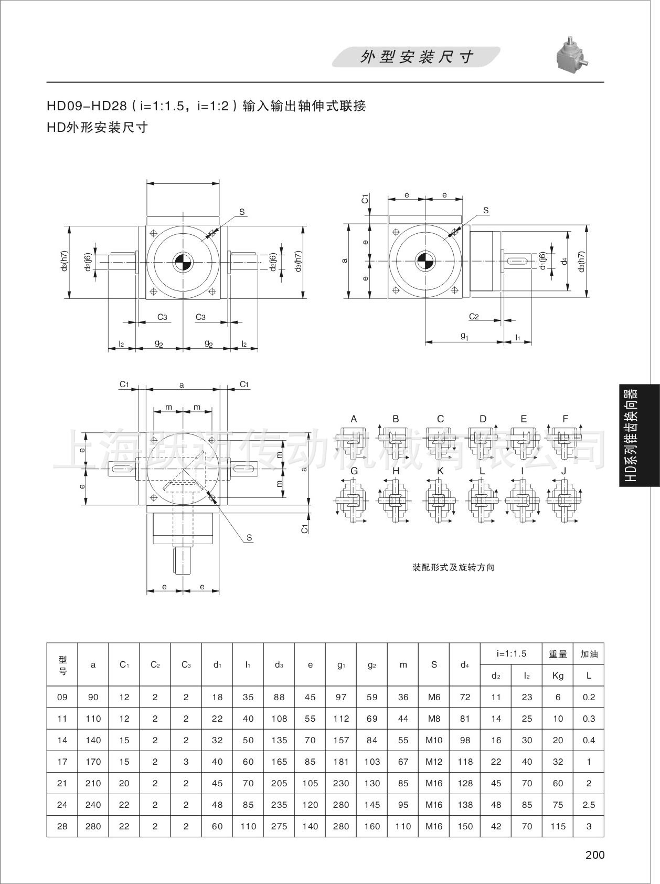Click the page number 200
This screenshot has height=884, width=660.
coord(594,855)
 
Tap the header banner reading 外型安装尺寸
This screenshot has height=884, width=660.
coord(416,57)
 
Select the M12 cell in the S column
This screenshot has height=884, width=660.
coord(434,762)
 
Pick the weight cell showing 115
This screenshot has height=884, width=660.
coord(558,826)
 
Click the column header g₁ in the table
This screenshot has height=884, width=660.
coord(341,664)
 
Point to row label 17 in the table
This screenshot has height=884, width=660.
coord(62,762)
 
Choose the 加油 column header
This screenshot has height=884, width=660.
coord(589,654)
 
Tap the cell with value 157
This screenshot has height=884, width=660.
coord(341,740)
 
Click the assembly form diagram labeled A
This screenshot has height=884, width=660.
coord(354,441)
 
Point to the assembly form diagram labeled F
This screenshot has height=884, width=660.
coord(565,441)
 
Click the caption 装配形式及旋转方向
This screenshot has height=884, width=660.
coord(453,567)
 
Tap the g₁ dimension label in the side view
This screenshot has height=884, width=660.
coord(464,336)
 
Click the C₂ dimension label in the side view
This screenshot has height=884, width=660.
coord(474,316)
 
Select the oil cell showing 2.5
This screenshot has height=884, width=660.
coord(589,805)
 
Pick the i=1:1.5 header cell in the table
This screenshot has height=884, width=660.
coord(511,654)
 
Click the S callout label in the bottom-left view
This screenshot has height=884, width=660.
coord(249,537)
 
